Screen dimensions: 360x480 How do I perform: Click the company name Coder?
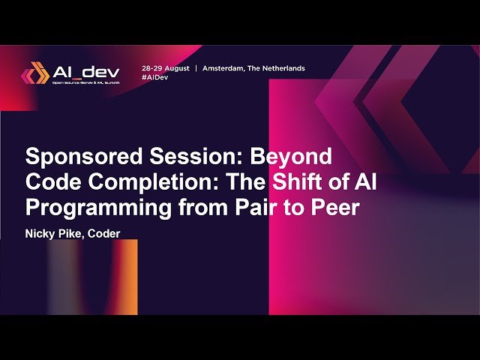coord(104,233)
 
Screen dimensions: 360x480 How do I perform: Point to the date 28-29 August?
coord(165,67)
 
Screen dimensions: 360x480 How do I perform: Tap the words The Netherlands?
coord(280,67)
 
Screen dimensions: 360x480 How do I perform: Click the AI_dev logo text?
coord(86,72)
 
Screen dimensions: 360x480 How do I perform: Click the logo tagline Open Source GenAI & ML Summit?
coord(86,83)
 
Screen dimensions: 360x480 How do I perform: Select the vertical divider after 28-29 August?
coord(196,67)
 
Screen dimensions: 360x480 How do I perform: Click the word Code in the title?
coord(49,181)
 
